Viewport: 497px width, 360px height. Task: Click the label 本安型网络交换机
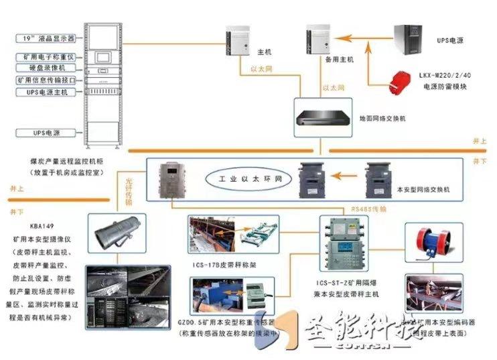click(x=423, y=190)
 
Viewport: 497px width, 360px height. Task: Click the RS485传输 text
click(x=368, y=209)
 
